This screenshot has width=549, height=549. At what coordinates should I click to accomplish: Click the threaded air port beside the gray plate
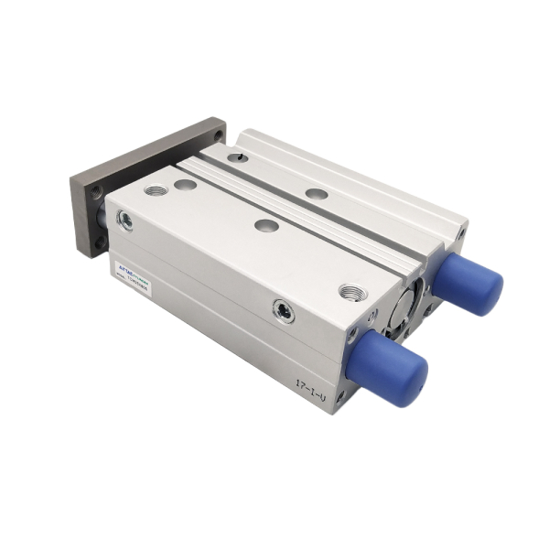click(156, 190)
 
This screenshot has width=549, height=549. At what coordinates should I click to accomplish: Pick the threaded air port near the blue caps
click(350, 292)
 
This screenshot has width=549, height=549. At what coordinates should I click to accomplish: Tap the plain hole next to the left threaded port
click(186, 185)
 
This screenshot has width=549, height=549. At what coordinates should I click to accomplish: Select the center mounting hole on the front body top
click(266, 225)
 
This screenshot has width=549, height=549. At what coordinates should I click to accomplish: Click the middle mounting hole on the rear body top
click(316, 193)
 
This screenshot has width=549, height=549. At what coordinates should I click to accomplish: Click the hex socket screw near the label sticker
click(125, 220)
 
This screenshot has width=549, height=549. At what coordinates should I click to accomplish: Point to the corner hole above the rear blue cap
click(457, 233)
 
